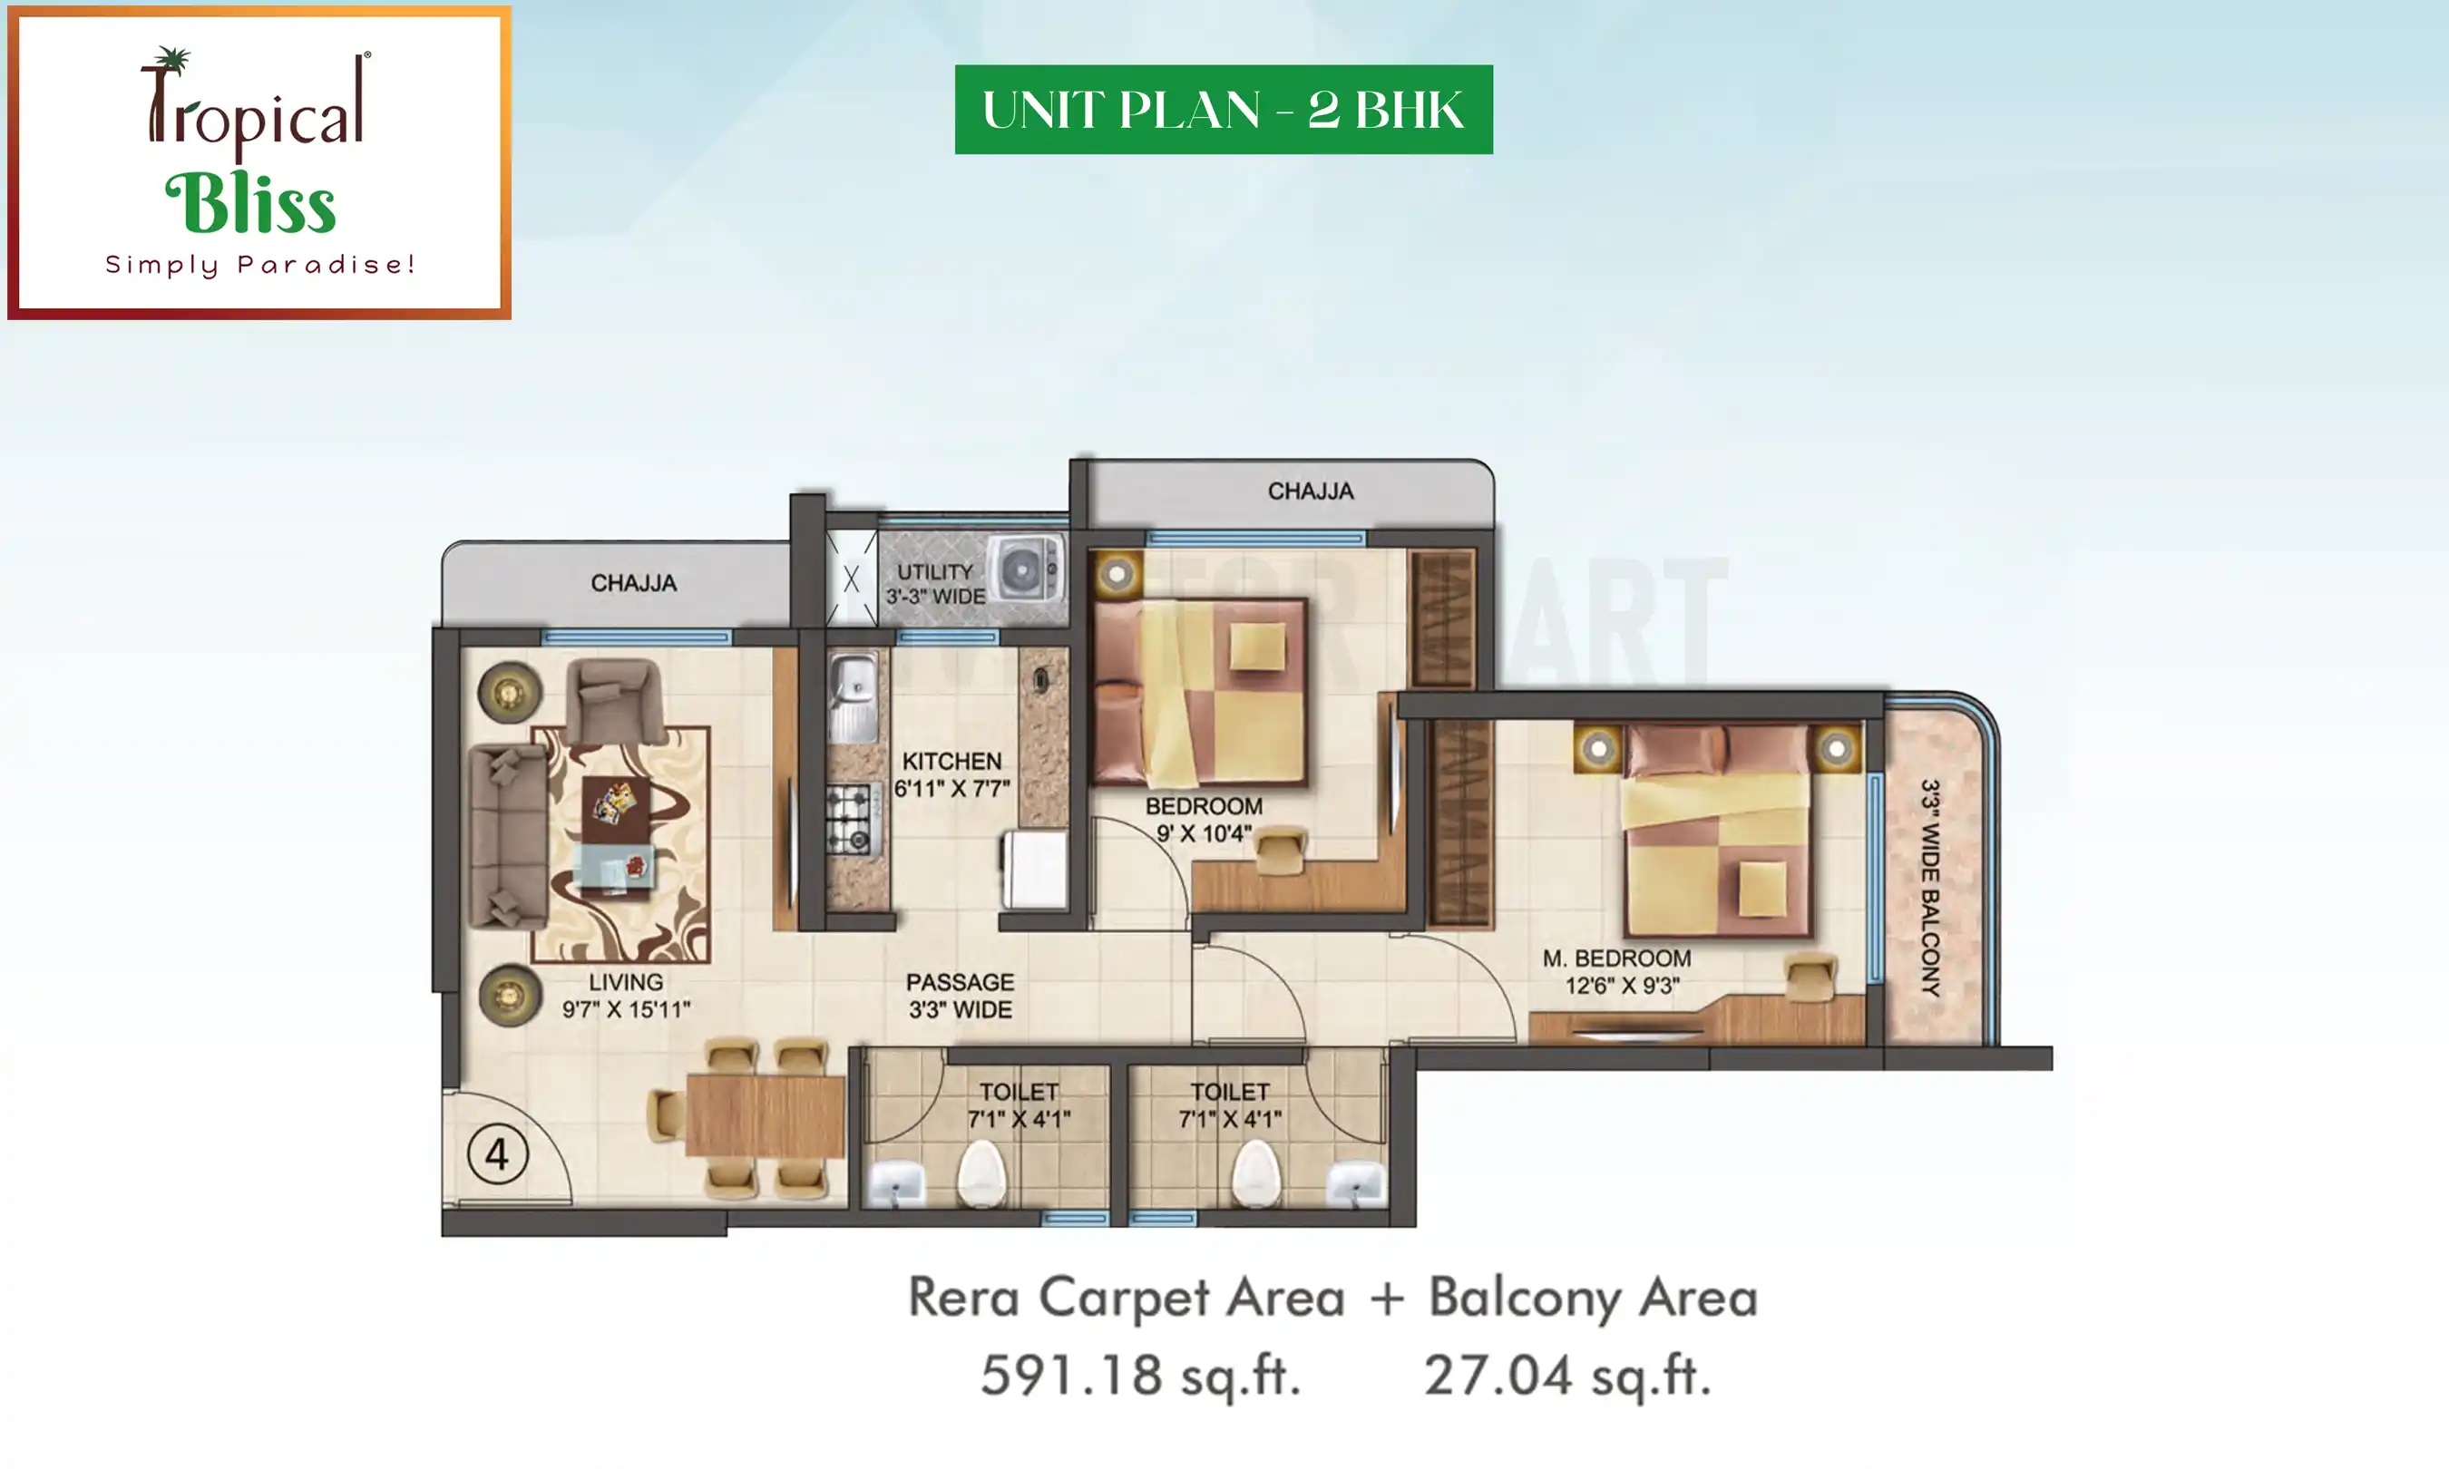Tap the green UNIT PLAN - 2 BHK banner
pyautogui.click(x=1223, y=109)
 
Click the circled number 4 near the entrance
pyautogui.click(x=497, y=1154)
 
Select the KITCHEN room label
pyautogui.click(x=951, y=761)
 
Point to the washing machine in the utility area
pyautogui.click(x=1027, y=569)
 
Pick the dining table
pyautogui.click(x=765, y=1114)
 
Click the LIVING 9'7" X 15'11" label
pyautogui.click(x=626, y=996)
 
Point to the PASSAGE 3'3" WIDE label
pyautogui.click(x=961, y=996)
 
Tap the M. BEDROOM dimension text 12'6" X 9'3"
pyautogui.click(x=1622, y=986)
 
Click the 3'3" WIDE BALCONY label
pyautogui.click(x=1930, y=887)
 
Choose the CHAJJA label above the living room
pyautogui.click(x=633, y=583)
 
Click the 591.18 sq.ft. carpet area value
pyautogui.click(x=1140, y=1376)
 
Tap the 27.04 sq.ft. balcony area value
pyautogui.click(x=1567, y=1376)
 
